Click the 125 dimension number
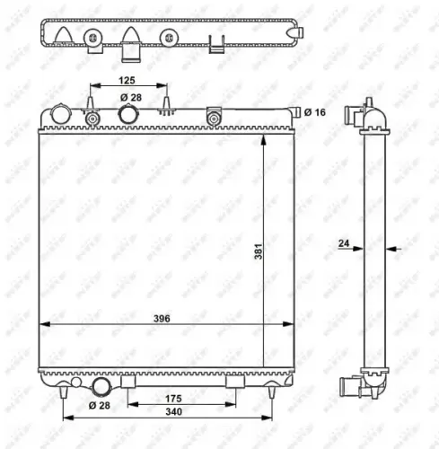pyautogui.click(x=129, y=81)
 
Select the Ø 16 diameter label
pyautogui.click(x=314, y=112)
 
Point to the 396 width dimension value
pyautogui.click(x=161, y=319)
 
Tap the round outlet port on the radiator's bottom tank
pyautogui.click(x=101, y=386)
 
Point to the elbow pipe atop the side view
pyautogui.click(x=372, y=114)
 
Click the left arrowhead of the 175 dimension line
pyautogui.click(x=127, y=405)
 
